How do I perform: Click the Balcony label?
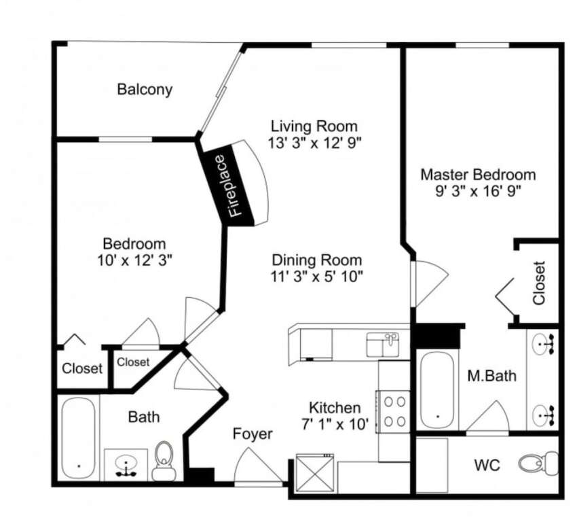tap(145, 90)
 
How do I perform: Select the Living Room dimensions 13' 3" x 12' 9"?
tap(314, 143)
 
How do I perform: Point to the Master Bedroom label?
tap(478, 174)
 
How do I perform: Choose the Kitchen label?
tap(335, 408)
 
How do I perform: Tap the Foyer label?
tap(253, 434)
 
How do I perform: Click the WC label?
tap(487, 466)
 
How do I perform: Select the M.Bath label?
tap(491, 376)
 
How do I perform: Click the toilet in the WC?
tap(539, 463)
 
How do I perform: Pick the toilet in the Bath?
tap(164, 461)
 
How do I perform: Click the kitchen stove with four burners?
tap(394, 411)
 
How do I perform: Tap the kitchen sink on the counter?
tap(382, 345)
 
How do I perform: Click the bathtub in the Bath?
tap(78, 437)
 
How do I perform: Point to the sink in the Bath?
tap(126, 464)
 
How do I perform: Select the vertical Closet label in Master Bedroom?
tap(539, 283)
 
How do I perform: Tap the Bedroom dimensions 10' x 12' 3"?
tap(134, 261)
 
